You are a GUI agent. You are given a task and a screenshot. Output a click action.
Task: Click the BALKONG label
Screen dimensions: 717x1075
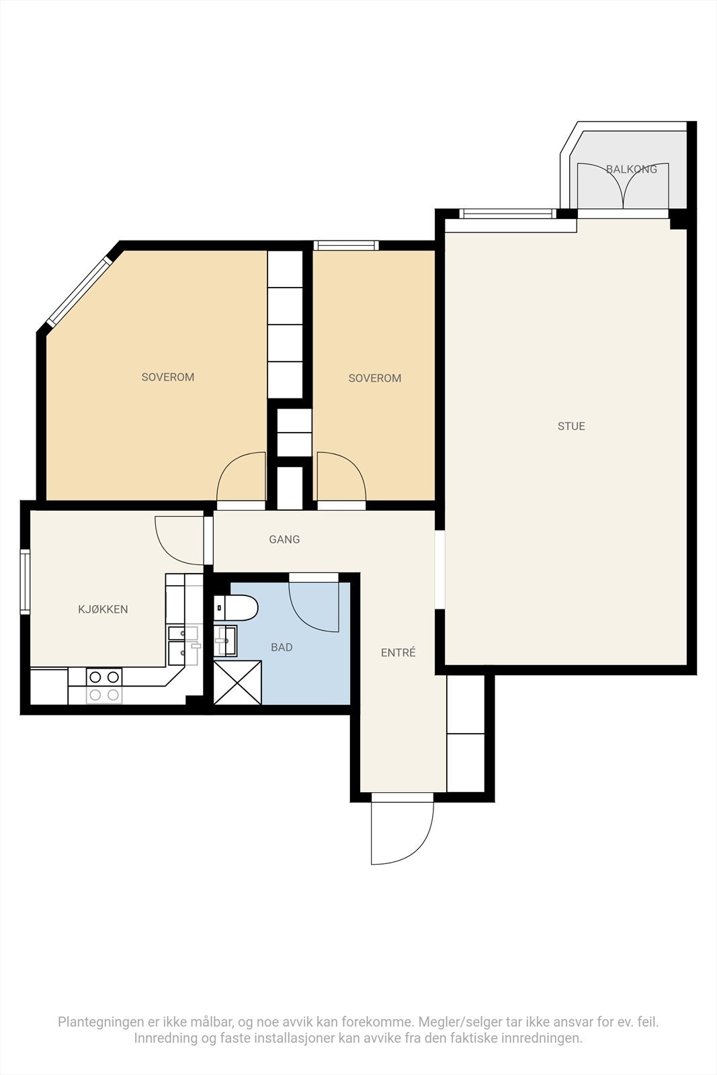631,169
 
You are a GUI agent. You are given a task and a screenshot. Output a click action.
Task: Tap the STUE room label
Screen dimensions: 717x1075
571,426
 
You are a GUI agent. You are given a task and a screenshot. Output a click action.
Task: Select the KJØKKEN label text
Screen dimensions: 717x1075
103,609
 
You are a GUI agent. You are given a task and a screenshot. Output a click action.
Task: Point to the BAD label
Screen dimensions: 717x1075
282,648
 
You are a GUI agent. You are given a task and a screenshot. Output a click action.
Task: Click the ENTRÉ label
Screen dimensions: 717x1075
398,652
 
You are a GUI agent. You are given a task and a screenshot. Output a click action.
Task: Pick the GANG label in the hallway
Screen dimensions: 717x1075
284,540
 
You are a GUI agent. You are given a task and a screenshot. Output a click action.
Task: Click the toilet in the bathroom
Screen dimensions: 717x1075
236,607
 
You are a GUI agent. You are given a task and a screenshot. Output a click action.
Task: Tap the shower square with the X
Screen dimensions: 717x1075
238,683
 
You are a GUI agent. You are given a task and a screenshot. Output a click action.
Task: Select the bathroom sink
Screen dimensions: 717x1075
225,641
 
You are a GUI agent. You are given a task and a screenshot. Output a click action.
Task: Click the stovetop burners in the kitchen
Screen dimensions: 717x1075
104,686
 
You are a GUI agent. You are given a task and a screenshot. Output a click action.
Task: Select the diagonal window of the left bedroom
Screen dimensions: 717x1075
80,292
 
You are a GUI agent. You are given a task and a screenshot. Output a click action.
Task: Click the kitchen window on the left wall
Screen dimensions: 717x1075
24,582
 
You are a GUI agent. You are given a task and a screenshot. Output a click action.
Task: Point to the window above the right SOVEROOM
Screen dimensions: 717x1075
346,245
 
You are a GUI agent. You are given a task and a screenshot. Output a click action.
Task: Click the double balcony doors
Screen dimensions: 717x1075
623,186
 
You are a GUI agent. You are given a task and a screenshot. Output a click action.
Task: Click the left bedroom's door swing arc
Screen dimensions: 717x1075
241,476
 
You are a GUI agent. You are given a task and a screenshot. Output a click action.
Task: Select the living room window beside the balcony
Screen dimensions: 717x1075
507,214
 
